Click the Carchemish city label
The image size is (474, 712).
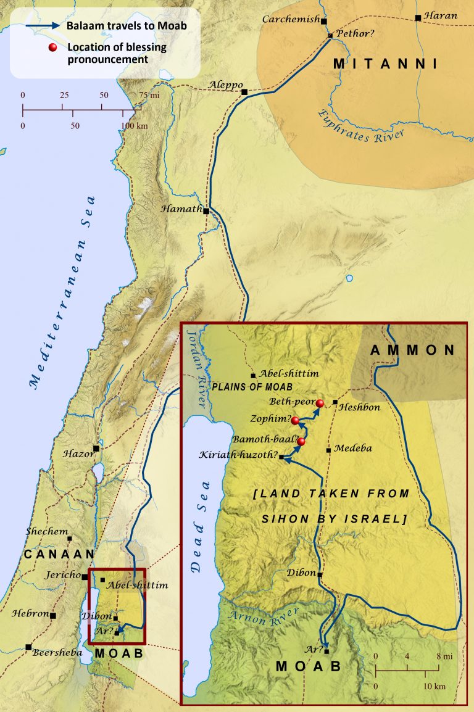click(290, 20)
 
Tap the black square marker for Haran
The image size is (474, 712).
click(418, 18)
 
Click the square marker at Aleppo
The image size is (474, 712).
click(244, 92)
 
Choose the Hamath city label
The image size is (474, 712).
click(181, 209)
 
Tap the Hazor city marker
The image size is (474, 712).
click(96, 449)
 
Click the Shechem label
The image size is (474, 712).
click(44, 531)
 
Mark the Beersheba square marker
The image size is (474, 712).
click(28, 647)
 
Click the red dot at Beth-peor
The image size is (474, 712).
click(320, 404)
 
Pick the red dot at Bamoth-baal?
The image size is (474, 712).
click(301, 442)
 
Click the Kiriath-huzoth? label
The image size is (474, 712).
click(238, 455)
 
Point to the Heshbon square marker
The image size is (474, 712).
click(335, 402)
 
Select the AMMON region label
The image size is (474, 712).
click(413, 350)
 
